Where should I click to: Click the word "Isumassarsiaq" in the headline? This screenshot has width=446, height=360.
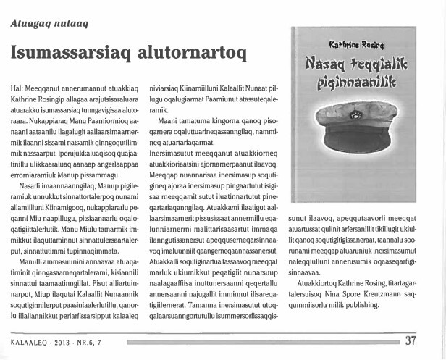tap(75, 52)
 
